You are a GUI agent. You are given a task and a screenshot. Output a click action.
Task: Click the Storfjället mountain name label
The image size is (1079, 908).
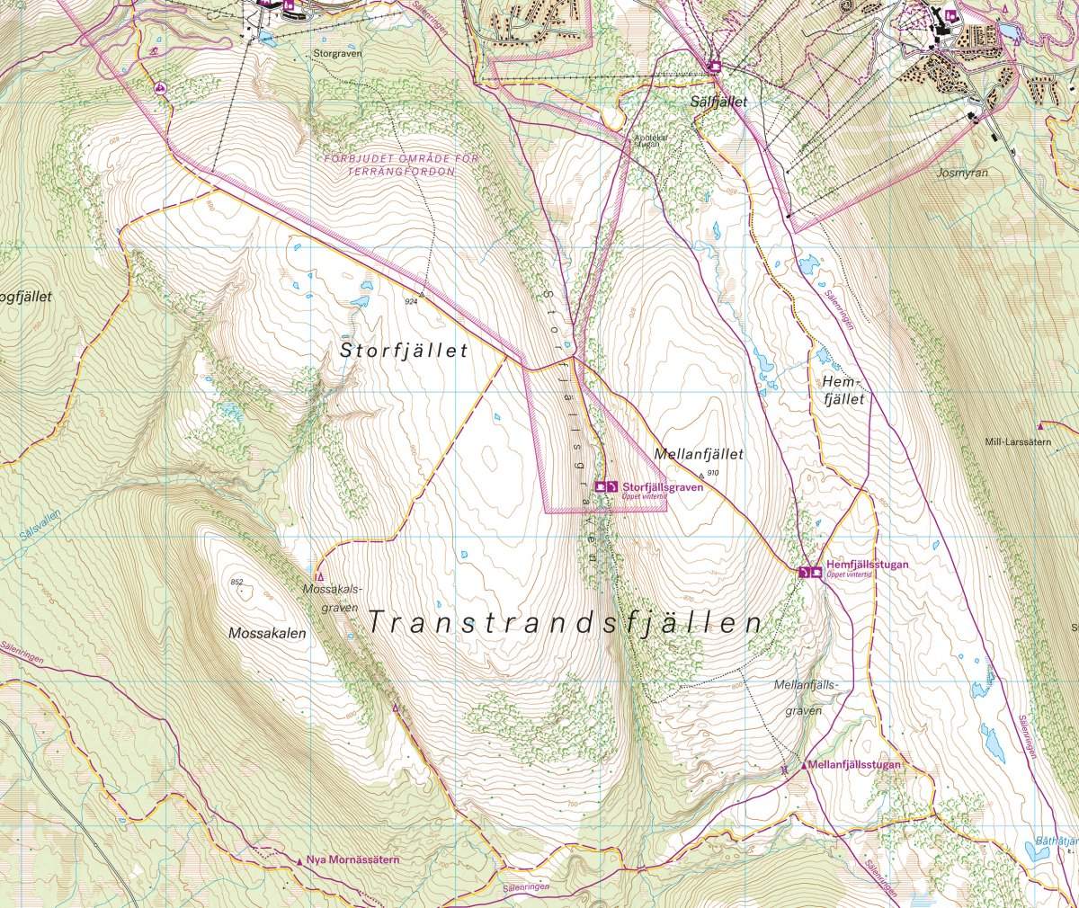[404, 352]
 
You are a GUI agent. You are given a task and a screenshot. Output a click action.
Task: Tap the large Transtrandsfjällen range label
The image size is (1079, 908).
[566, 623]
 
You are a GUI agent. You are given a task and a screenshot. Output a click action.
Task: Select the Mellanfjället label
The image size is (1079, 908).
[700, 455]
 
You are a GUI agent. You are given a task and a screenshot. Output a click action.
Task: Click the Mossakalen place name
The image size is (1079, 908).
[267, 633]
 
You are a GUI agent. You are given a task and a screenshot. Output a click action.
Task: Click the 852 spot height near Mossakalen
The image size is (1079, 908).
[236, 583]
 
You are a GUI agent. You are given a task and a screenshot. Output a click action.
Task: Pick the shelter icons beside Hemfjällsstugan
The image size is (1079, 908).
[809, 572]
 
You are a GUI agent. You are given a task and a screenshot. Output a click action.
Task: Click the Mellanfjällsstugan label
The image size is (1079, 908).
[853, 766]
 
